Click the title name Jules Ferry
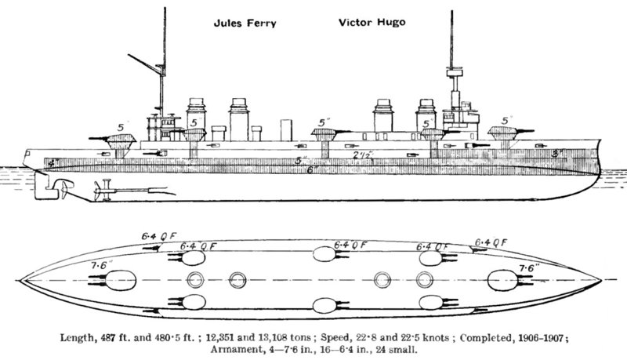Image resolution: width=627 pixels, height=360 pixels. coord(245,24)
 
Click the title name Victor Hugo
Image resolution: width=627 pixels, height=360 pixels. coord(371,23)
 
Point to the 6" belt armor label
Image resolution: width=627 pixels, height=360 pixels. coord(312,169)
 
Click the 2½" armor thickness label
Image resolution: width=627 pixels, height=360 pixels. coord(362,155)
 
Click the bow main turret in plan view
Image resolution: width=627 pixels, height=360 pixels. coord(502,281)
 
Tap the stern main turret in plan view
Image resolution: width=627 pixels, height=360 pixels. coord(121,281)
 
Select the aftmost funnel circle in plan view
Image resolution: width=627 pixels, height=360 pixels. coord(195,280)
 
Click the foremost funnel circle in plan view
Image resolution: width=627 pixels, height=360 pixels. coord(425,280)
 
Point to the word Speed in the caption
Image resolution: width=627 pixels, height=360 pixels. coord(334,337)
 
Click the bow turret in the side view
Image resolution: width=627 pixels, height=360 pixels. coord(503,133)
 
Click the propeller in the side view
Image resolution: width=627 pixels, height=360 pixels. coord(64,189)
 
